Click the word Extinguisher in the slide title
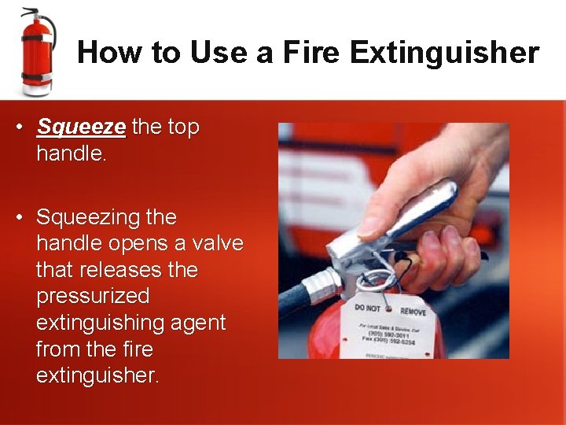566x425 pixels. (x=444, y=53)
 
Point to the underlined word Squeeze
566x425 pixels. (x=81, y=127)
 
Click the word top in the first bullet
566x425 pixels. (x=181, y=127)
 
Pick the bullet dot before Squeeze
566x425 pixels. (x=26, y=127)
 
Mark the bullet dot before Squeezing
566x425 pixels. (x=26, y=216)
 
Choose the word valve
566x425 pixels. (x=213, y=243)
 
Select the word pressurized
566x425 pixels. (x=93, y=297)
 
